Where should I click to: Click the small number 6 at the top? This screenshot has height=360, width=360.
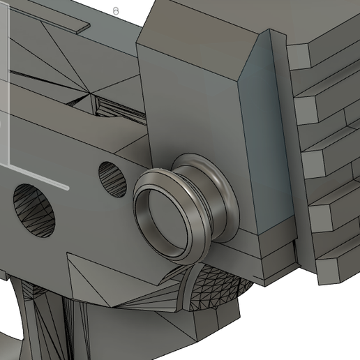coord(116,12)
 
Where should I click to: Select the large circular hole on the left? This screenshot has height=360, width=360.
coord(34,209)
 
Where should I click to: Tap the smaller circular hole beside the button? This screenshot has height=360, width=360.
coord(110,178)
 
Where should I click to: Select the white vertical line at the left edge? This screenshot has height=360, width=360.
coord(8,84)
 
